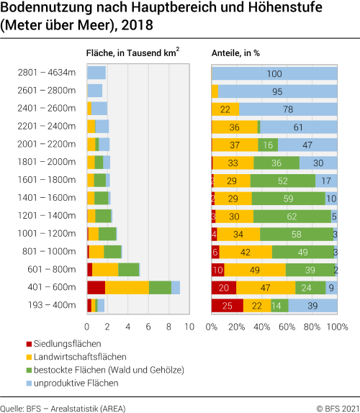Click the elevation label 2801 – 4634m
pos(48,73)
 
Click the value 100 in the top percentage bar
pos(274,73)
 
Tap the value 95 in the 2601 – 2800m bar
pos(278,91)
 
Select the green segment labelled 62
pos(292,216)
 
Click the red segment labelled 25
pos(227,305)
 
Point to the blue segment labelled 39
pos(312,305)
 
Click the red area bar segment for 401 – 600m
pos(96,287)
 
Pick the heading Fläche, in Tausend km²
pos(132,52)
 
